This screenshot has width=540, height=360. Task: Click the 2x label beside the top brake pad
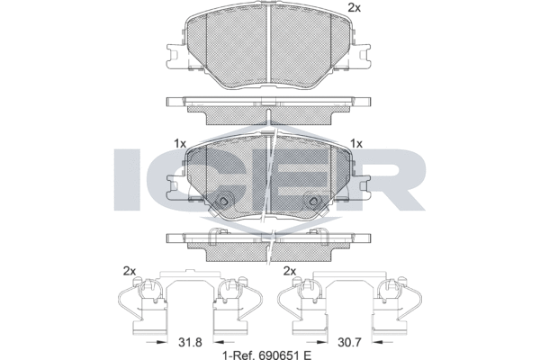coord(354,8)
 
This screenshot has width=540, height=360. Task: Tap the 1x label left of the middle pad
coord(179,143)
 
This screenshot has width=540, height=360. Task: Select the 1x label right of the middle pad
coord(356,143)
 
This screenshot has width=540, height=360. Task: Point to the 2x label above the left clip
coord(129,271)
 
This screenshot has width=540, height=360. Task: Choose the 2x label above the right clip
coord(290,271)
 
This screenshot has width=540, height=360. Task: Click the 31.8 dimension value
coord(189,342)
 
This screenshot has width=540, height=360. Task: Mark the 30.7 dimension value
coord(348,342)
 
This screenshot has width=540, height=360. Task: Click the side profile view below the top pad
coord(269,108)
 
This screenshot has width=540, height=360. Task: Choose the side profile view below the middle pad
coord(269,245)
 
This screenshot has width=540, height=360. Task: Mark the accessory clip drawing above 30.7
coord(349,306)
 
